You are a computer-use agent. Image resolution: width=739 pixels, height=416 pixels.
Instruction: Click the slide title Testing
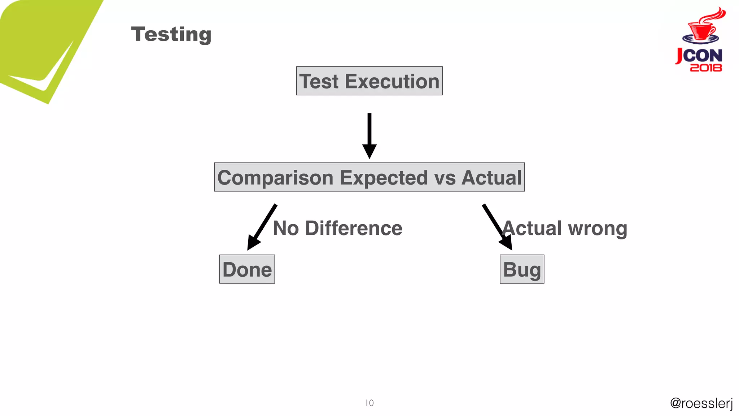(171, 34)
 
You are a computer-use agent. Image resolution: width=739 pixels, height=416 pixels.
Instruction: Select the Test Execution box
(369, 81)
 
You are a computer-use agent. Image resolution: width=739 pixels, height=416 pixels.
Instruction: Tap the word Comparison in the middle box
(275, 178)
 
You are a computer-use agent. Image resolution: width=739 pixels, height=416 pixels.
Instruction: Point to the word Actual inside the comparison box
(491, 178)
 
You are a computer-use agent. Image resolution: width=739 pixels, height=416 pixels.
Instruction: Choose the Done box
(247, 269)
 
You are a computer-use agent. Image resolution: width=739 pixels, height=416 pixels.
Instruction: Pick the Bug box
(522, 269)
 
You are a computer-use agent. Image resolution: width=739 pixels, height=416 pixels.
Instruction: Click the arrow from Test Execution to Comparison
(369, 135)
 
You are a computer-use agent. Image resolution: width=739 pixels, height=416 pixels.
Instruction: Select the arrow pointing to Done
(261, 227)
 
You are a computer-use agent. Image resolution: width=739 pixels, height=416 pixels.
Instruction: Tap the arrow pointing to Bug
(497, 227)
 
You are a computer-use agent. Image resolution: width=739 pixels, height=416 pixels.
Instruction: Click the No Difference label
(337, 228)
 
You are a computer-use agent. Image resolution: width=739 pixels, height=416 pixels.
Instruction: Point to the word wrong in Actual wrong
(598, 229)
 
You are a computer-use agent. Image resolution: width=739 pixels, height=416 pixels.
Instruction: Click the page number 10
(369, 403)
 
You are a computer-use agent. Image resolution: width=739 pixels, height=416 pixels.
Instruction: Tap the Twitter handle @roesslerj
(701, 403)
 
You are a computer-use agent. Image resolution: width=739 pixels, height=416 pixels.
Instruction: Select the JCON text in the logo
(699, 56)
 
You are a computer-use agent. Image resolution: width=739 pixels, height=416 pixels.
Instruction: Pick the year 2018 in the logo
(706, 68)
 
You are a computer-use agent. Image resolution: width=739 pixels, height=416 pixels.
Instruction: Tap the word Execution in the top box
(392, 81)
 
